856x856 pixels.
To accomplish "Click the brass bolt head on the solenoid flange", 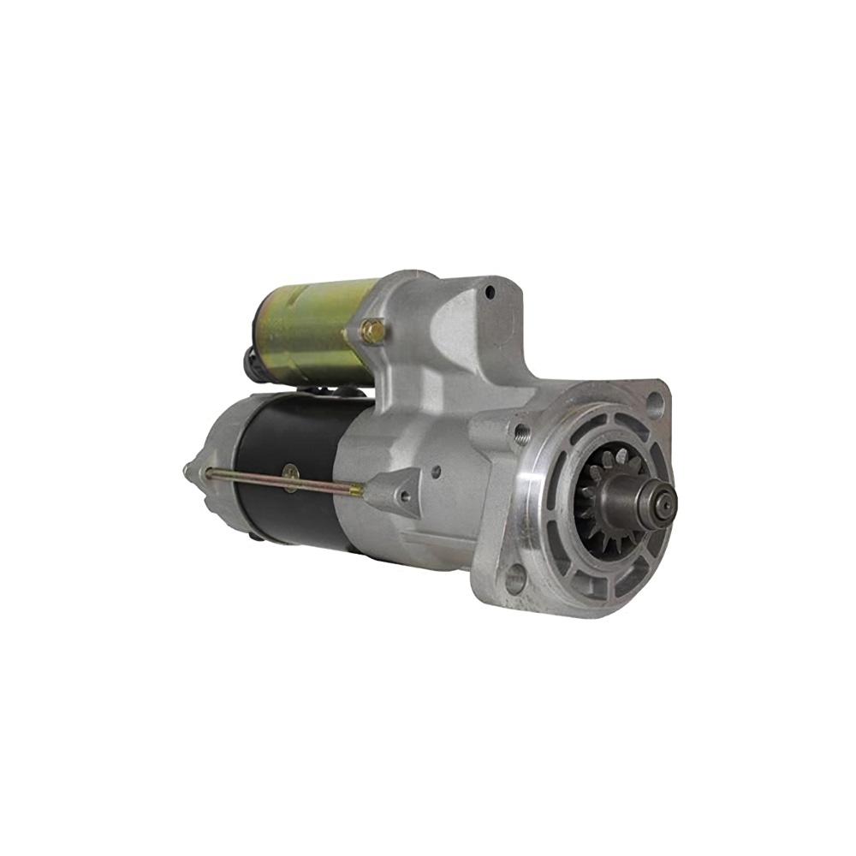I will tap(372, 331).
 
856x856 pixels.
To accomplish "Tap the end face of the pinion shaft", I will tap(663, 504).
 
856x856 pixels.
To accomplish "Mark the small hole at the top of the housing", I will tap(489, 292).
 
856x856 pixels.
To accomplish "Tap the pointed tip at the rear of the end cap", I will tap(187, 470).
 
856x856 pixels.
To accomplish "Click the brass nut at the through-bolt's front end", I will tap(355, 490).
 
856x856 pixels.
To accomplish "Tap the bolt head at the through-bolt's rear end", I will tap(205, 472).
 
